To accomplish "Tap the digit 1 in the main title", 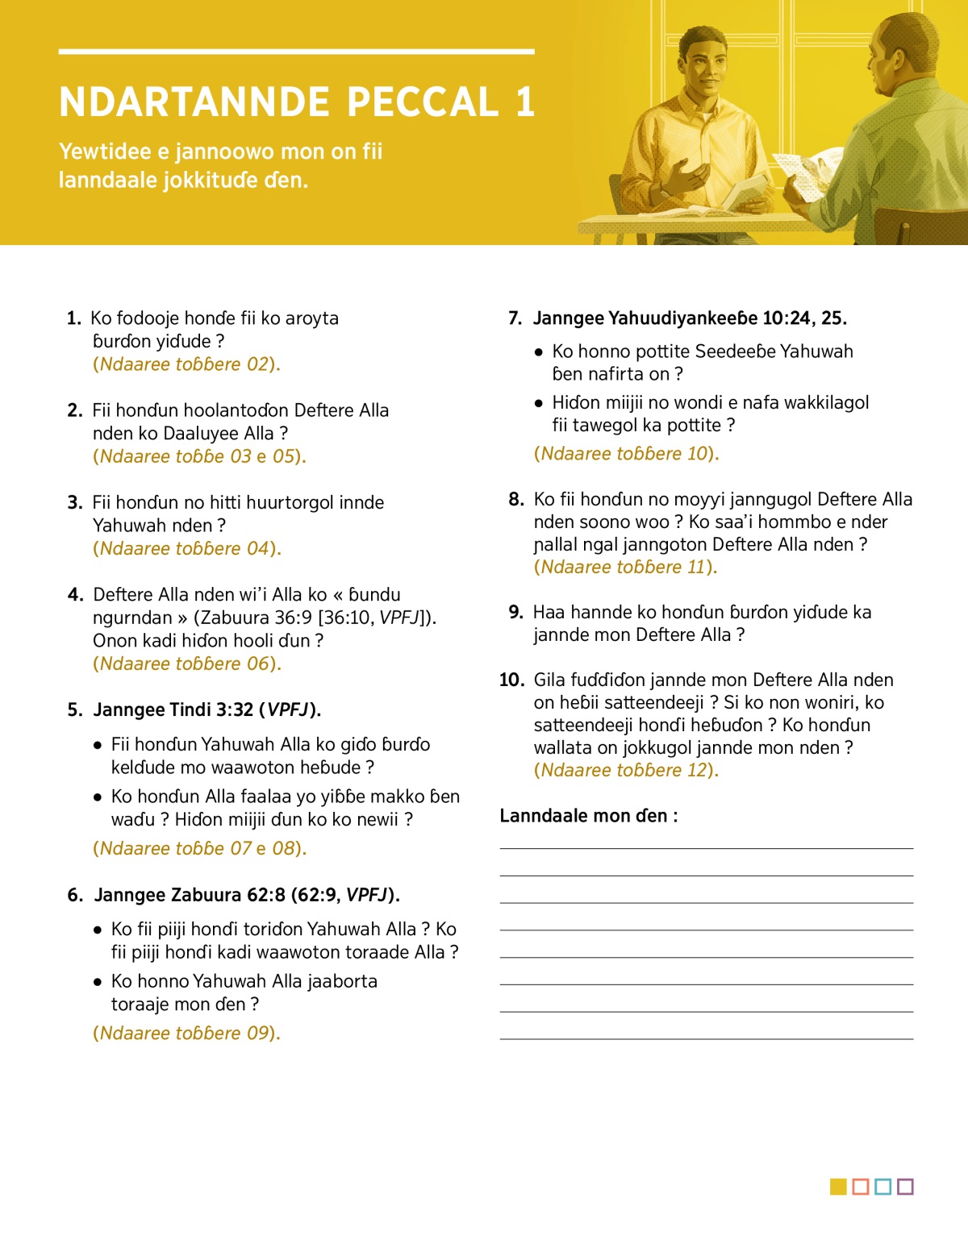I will (525, 102).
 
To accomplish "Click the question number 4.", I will (75, 595).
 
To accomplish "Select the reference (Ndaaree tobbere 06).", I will (187, 664).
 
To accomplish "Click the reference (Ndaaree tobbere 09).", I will (187, 1033).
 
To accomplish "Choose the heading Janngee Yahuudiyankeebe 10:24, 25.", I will (690, 318).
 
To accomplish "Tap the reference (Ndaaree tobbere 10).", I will (627, 453).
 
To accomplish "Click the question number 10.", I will (511, 680).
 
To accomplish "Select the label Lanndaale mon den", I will (589, 816).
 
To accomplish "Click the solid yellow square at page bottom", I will (838, 1187).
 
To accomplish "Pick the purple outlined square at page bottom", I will (905, 1187).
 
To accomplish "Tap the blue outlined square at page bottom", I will (882, 1187).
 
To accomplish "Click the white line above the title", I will (296, 52).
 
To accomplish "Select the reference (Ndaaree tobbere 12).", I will (627, 770).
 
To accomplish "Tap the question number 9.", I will (516, 612).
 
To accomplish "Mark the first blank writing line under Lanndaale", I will (706, 847).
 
